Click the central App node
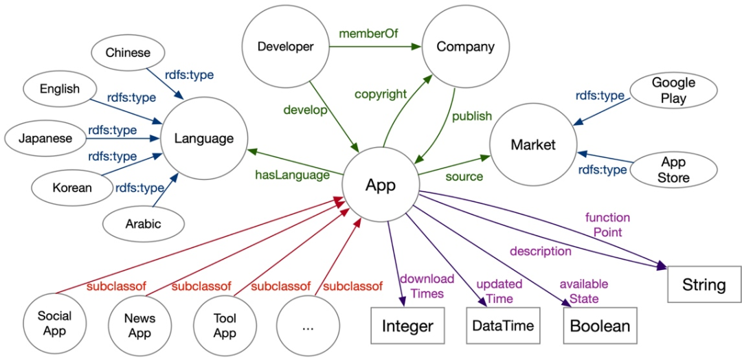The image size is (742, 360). (381, 185)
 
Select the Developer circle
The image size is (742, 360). (285, 47)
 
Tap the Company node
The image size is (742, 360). (465, 47)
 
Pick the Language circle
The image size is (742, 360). (203, 139)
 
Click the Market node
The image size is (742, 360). (532, 145)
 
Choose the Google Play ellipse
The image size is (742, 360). (673, 90)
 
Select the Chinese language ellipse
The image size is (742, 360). (128, 53)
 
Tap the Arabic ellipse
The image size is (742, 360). (143, 223)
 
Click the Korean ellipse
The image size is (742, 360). (71, 187)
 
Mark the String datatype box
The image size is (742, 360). (704, 284)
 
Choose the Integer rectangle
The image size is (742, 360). (408, 326)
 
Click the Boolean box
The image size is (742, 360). (597, 326)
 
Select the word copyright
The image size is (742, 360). (381, 94)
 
